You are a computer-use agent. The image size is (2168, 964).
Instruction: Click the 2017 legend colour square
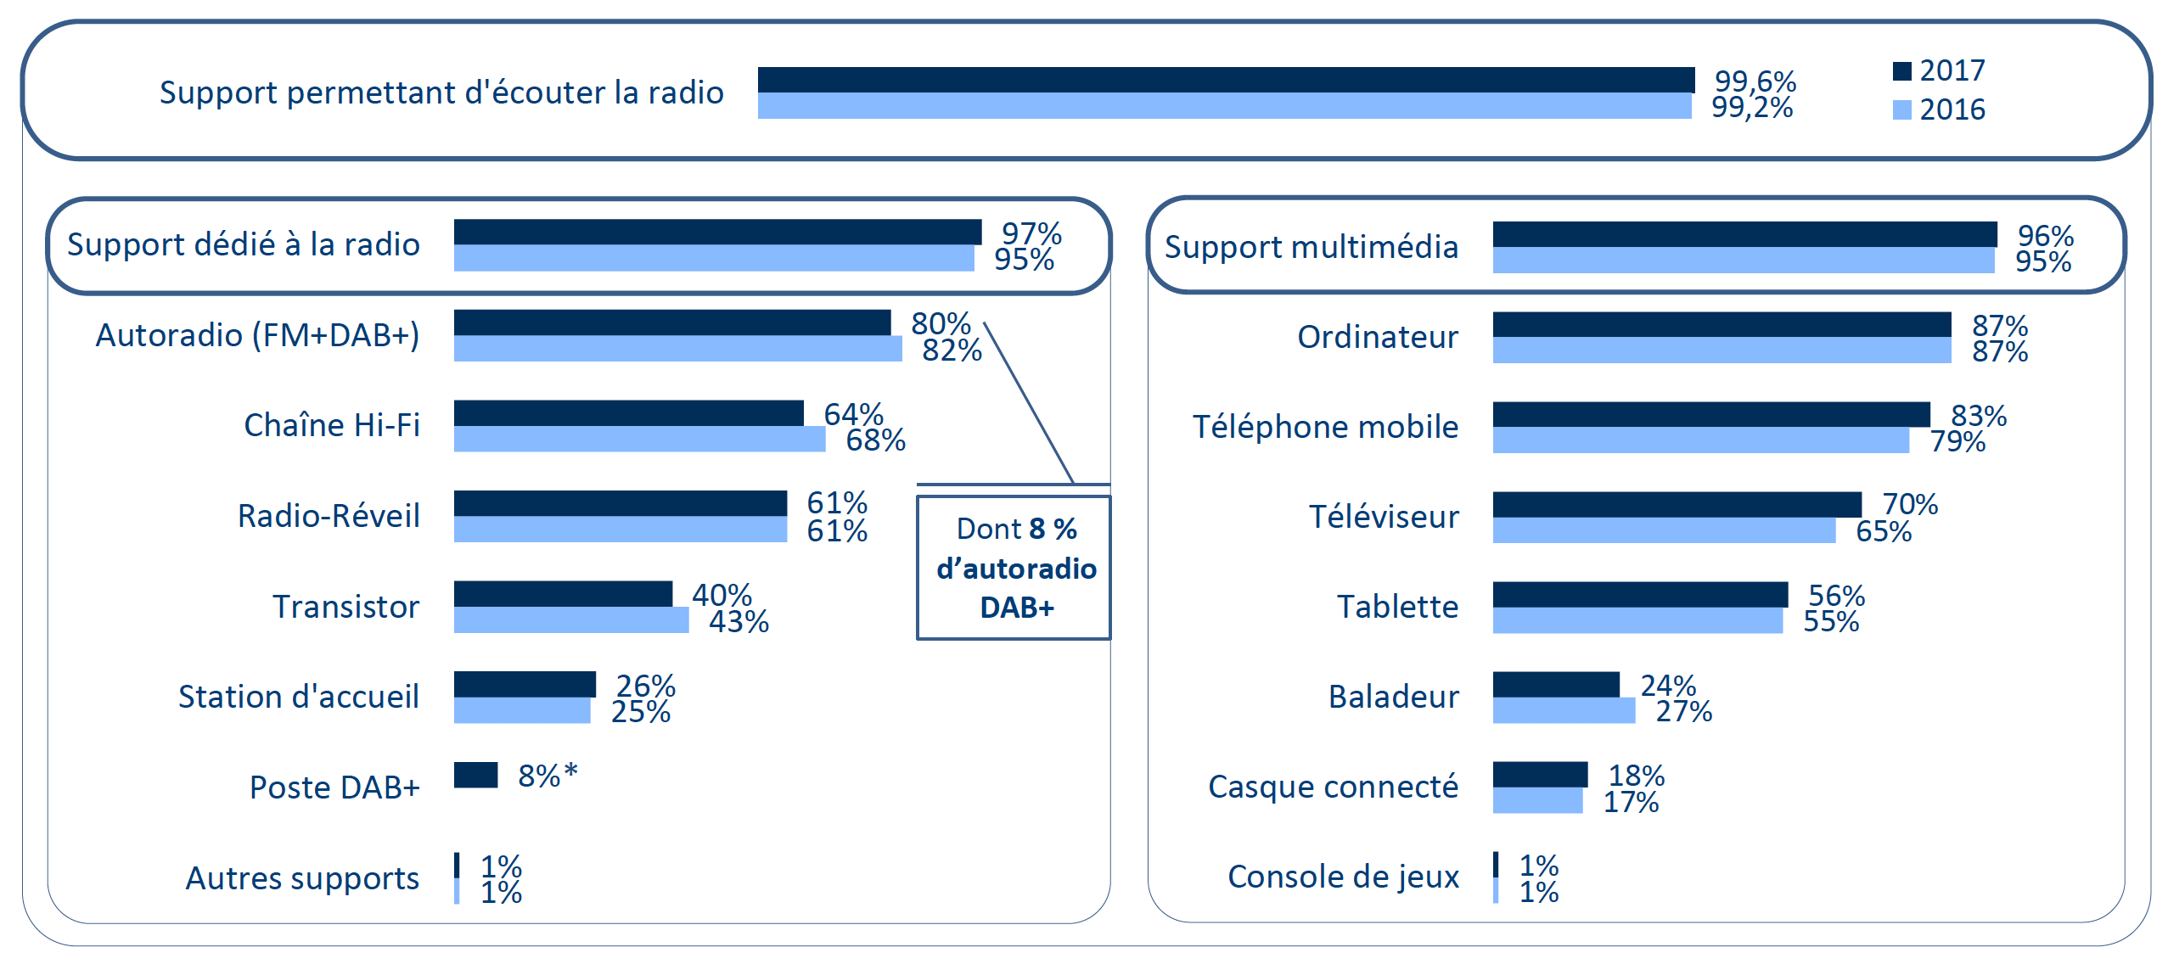[x=1901, y=71]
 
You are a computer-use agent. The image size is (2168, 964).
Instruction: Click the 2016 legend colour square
[x=1901, y=110]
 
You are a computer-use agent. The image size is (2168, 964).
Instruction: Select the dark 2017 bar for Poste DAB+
[x=475, y=775]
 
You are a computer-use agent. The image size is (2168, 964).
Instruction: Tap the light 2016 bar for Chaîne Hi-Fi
[x=639, y=439]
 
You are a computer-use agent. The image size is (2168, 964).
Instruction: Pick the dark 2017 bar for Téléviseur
[x=1677, y=504]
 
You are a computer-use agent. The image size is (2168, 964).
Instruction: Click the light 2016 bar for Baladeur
[x=1564, y=710]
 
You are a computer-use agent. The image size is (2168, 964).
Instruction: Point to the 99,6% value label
[x=1755, y=81]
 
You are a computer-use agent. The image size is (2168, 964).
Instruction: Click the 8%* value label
[x=548, y=775]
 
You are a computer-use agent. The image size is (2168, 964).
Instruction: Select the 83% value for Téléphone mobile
[x=1978, y=415]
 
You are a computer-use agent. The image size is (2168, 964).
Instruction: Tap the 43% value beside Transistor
[x=739, y=621]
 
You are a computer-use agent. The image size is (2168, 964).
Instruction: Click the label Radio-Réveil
[x=329, y=516]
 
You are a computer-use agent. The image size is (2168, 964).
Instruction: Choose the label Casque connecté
[x=1333, y=787]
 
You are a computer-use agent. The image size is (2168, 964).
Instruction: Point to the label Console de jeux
[x=1343, y=877]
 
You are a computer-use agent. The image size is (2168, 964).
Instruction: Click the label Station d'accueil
[x=299, y=697]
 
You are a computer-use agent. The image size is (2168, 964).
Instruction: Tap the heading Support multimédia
[x=1311, y=247]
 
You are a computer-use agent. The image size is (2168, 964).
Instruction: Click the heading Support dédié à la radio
[x=244, y=244]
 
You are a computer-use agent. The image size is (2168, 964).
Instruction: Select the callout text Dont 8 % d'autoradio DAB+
[x=1015, y=568]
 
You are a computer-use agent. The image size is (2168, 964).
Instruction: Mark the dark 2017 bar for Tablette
[x=1640, y=594]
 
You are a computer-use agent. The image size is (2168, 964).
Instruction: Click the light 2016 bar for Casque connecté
[x=1537, y=800]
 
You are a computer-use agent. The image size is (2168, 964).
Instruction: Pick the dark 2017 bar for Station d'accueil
[x=525, y=684]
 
